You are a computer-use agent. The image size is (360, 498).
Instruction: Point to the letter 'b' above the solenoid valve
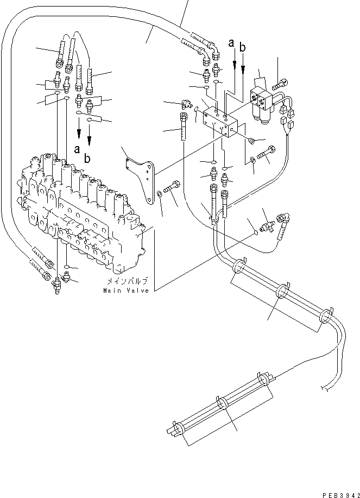[243, 48]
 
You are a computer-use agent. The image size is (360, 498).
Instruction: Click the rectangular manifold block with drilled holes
[220, 124]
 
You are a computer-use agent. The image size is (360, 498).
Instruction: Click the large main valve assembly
[81, 217]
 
